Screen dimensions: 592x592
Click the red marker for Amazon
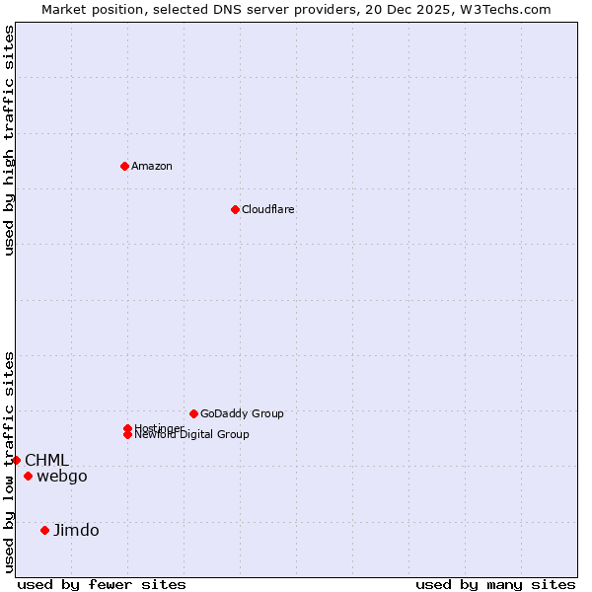pyautogui.click(x=124, y=166)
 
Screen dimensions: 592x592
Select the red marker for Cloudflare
pyautogui.click(x=235, y=209)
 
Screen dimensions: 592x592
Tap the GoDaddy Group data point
pyautogui.click(x=193, y=413)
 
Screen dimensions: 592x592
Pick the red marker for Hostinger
pyautogui.click(x=127, y=428)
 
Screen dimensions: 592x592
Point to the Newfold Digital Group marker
pyautogui.click(x=127, y=435)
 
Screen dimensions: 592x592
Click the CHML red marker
pyautogui.click(x=16, y=460)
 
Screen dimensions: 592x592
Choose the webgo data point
pyautogui.click(x=28, y=477)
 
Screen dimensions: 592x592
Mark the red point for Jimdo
pyautogui.click(x=44, y=530)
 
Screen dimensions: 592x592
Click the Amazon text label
pyautogui.click(x=152, y=166)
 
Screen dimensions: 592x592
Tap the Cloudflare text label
pyautogui.click(x=268, y=209)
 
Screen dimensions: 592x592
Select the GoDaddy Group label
pyautogui.click(x=242, y=413)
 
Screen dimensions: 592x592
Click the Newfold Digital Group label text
pyautogui.click(x=192, y=435)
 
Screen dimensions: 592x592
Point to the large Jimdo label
pyautogui.click(x=76, y=530)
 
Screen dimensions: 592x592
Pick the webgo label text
pyautogui.click(x=62, y=477)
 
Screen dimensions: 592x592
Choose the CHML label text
pyautogui.click(x=46, y=460)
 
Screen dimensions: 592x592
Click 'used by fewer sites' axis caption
pyautogui.click(x=102, y=584)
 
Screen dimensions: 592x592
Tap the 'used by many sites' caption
pyautogui.click(x=495, y=584)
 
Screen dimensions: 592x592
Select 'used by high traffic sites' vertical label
pyautogui.click(x=9, y=140)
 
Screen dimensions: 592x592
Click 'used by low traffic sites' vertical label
pyautogui.click(x=9, y=462)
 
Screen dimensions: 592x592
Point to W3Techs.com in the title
pyautogui.click(x=500, y=9)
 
